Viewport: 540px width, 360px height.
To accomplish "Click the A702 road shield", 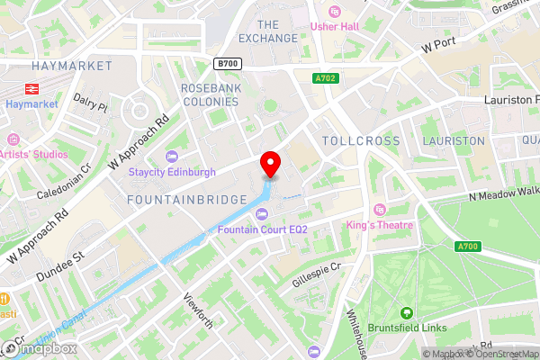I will tap(325, 79).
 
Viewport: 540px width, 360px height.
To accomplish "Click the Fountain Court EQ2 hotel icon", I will tap(261, 213).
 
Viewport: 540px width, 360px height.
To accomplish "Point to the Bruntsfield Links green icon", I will tap(407, 313).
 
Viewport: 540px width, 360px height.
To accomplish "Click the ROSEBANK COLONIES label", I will tap(210, 94).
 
